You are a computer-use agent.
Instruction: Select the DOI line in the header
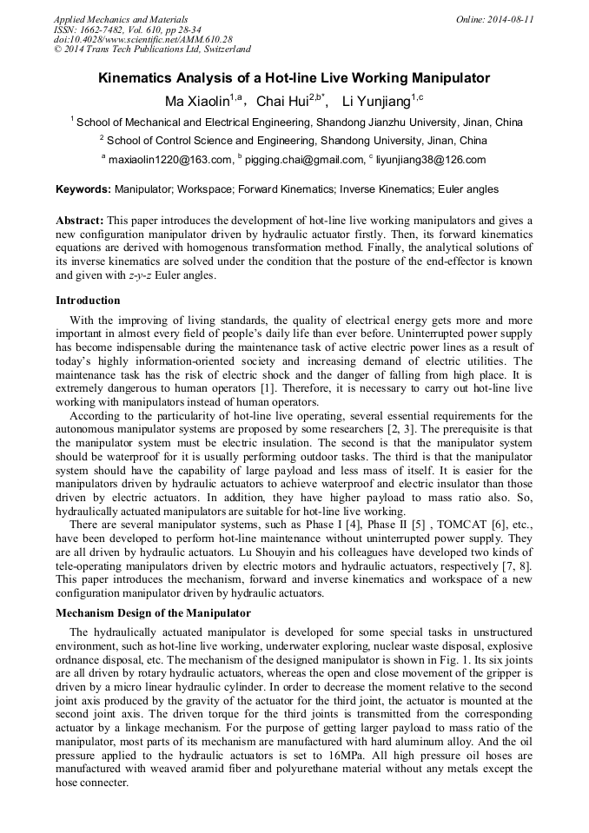(143, 39)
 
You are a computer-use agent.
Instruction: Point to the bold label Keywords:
(83, 188)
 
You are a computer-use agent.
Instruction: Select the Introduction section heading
(88, 301)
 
